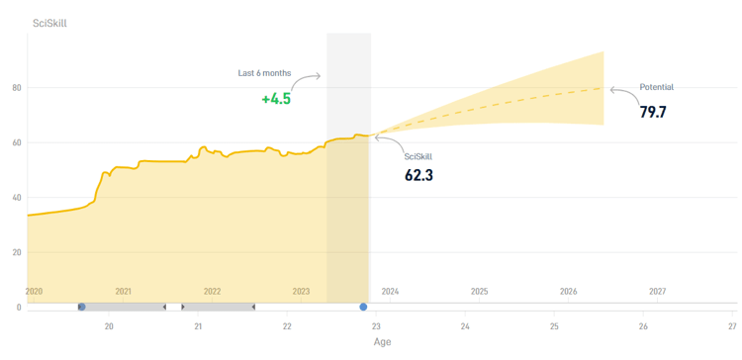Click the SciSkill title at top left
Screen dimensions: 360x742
[49, 23]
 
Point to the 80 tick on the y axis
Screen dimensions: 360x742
[15, 88]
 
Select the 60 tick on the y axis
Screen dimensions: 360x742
[15, 142]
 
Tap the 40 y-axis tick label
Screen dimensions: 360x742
[15, 198]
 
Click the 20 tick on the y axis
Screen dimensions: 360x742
[15, 252]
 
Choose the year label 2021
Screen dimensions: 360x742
[123, 292]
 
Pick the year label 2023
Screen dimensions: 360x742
[301, 292]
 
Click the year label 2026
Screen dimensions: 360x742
[568, 292]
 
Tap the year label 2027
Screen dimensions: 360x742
[657, 292]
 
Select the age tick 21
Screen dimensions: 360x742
[198, 326]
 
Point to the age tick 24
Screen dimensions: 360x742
[465, 326]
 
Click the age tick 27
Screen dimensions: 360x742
[732, 326]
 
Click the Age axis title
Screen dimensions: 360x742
[382, 343]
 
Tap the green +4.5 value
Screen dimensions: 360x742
[276, 99]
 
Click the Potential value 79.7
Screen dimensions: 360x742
[653, 112]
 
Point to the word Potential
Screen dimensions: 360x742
[657, 87]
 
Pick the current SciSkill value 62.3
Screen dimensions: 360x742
[419, 175]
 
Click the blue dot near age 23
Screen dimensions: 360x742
[363, 308]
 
